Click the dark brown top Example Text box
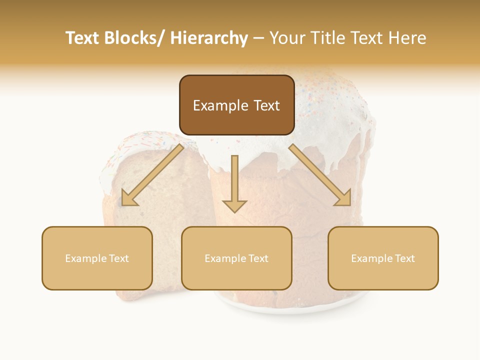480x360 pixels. tap(236, 105)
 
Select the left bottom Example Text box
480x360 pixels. tap(97, 258)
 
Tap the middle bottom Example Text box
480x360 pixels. tap(236, 258)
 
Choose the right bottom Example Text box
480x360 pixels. tap(383, 258)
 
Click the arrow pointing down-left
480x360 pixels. tap(153, 175)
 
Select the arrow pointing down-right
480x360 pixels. tap(320, 175)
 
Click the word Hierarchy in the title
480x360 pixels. tap(209, 38)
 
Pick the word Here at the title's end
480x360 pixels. tap(408, 38)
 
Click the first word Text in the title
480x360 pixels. tap(82, 38)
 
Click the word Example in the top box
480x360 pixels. tap(220, 105)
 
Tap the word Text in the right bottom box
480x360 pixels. tap(404, 258)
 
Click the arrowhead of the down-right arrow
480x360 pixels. tap(344, 198)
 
